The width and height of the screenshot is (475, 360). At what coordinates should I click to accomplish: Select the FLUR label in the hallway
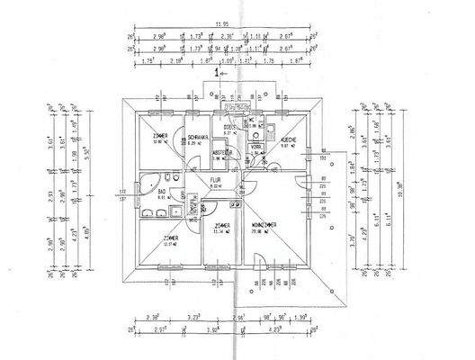tap(216, 179)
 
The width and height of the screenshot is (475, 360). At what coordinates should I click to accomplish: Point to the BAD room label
tap(162, 192)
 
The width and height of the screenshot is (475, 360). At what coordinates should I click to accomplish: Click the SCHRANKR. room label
tap(198, 138)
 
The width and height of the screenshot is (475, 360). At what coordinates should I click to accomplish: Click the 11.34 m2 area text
tap(221, 232)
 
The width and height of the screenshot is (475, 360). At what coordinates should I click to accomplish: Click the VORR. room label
tap(255, 145)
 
